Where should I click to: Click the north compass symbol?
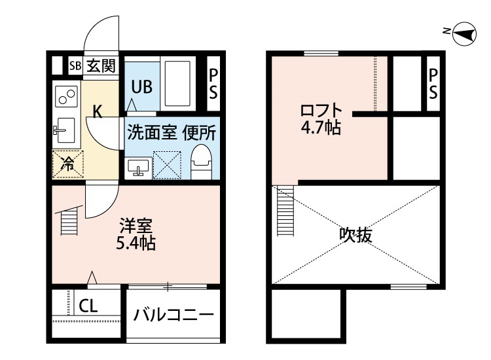point(464,33)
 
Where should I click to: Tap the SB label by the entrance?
point(75,66)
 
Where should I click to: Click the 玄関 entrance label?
point(101,65)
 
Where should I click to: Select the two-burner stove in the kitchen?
point(66,96)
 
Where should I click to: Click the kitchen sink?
point(64,130)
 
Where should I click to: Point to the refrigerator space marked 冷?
point(68,164)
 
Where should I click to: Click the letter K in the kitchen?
point(98,112)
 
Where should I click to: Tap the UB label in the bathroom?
point(142,86)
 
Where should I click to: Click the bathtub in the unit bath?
point(177,83)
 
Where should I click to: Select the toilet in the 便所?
point(201,162)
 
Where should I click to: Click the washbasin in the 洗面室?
point(138,168)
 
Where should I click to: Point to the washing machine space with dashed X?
point(167,166)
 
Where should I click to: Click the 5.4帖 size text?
point(136,243)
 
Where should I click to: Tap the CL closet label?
point(88,306)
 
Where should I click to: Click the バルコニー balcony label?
point(173,314)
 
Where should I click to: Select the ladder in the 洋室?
point(69,222)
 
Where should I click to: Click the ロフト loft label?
point(321,111)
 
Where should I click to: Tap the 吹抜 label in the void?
point(356,234)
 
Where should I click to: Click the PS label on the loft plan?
point(433,84)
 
